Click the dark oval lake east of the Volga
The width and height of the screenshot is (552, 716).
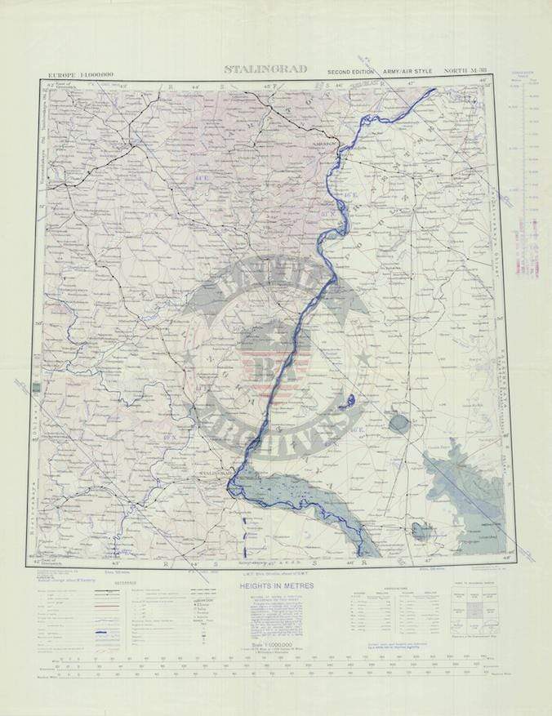[x=398, y=423]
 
